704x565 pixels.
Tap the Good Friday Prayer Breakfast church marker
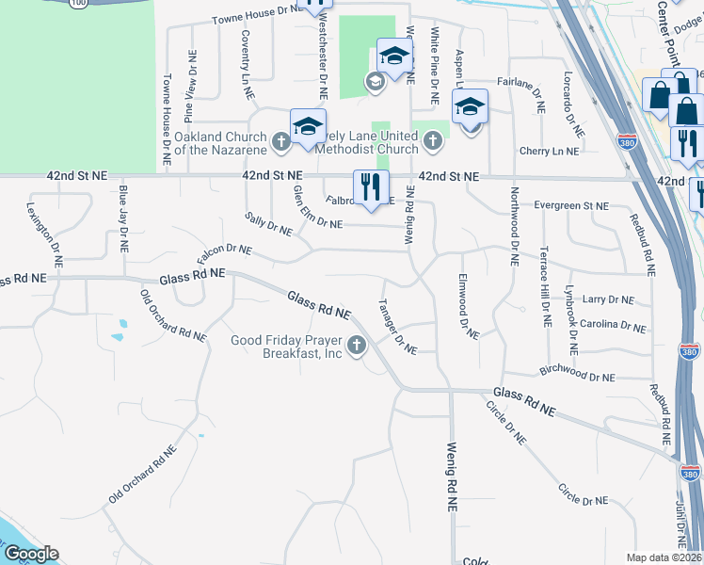[356, 347]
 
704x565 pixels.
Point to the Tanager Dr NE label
[397, 328]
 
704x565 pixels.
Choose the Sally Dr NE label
[269, 226]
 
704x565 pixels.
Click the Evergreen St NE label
[570, 205]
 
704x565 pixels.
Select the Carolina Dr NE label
[613, 325]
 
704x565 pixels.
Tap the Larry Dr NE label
[608, 299]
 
